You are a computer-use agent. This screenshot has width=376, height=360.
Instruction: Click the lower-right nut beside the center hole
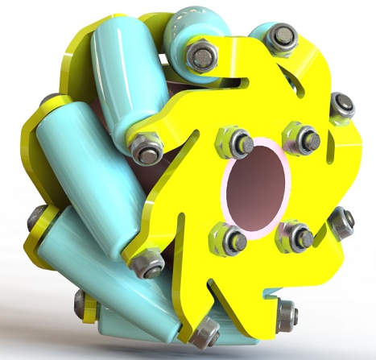point(298,236)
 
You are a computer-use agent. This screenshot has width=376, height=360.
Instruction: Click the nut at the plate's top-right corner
point(281,36)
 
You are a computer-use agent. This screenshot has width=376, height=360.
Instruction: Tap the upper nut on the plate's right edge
point(342,106)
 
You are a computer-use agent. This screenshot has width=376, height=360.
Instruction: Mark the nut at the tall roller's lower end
point(147,151)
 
